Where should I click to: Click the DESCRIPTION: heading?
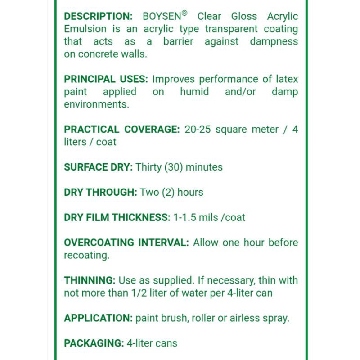(98, 17)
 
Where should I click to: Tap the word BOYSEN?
(162, 17)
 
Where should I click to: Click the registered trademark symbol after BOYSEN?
(184, 13)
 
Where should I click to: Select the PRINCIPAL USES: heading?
(106, 80)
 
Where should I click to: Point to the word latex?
(287, 80)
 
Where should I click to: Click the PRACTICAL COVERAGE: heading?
(121, 130)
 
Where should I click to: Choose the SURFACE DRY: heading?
(98, 167)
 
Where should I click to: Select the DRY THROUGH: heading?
(100, 193)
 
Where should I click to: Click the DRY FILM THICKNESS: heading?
(117, 218)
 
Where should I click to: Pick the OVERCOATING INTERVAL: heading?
(126, 243)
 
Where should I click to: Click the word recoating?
(86, 256)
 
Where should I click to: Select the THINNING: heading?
(90, 281)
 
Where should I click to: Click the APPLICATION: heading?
(98, 318)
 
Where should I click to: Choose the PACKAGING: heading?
(94, 343)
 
